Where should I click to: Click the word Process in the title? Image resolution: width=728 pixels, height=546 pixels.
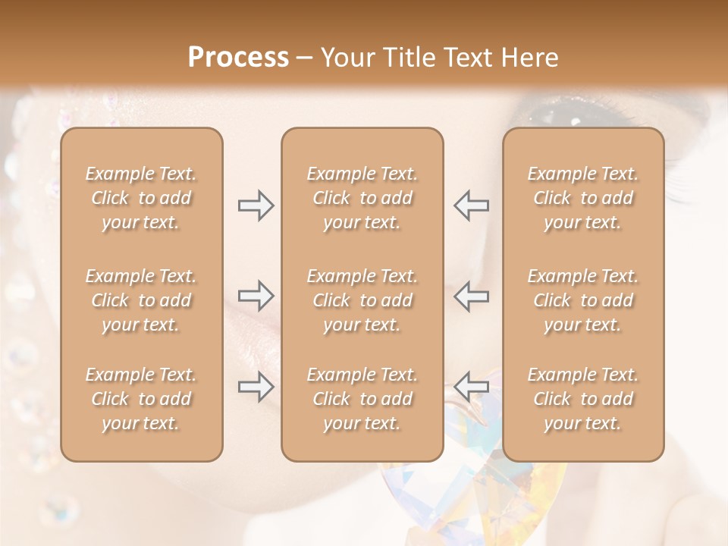click(238, 58)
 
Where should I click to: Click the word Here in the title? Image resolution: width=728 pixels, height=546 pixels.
click(529, 58)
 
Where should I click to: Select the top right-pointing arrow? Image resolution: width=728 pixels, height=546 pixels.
click(256, 206)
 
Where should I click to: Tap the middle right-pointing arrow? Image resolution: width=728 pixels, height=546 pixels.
click(256, 296)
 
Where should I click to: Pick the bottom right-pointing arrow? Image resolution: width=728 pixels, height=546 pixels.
click(256, 388)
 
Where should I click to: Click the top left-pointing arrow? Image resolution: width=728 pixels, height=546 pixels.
click(471, 206)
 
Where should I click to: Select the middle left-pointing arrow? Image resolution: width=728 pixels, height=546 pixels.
click(471, 296)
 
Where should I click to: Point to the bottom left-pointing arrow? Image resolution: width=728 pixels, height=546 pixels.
click(471, 386)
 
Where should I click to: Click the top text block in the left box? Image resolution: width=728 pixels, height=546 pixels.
click(141, 198)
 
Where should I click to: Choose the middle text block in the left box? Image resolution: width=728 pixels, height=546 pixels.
click(141, 300)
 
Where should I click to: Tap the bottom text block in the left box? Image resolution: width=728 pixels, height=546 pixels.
click(141, 399)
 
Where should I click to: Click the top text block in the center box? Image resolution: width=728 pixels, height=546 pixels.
click(362, 198)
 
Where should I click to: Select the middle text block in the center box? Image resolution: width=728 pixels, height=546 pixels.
click(362, 300)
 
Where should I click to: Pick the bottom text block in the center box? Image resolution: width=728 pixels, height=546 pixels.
click(362, 399)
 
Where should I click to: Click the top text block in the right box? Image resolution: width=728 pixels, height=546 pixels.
click(582, 198)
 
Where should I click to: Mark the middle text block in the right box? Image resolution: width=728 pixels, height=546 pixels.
click(582, 300)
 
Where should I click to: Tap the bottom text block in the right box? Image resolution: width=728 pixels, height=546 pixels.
click(582, 399)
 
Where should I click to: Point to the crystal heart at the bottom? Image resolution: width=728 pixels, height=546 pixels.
click(500, 493)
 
